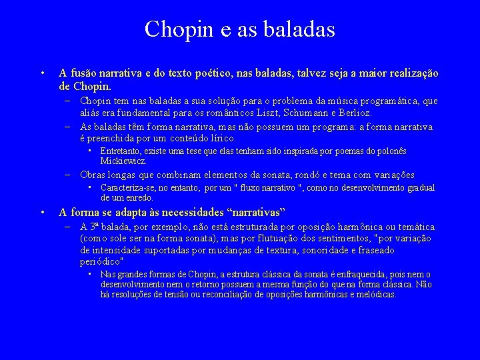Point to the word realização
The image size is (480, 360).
click(410, 73)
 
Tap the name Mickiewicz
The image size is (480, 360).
click(123, 161)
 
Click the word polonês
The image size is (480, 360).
click(389, 152)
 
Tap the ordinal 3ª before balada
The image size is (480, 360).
click(94, 227)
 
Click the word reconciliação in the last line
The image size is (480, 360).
click(227, 294)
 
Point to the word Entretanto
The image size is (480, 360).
click(121, 152)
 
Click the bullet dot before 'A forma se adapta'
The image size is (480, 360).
click(42, 213)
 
